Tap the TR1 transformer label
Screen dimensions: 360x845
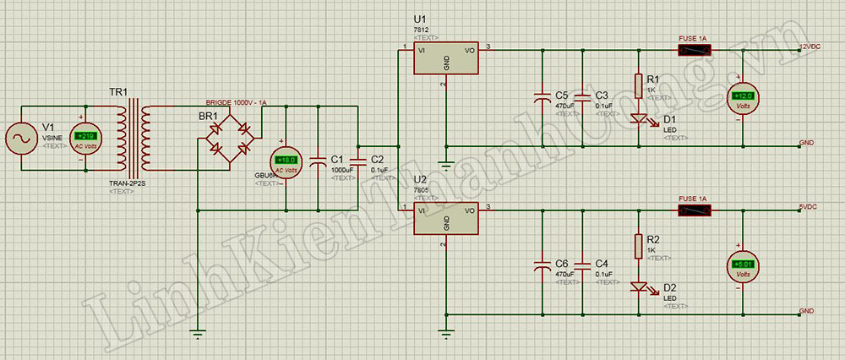118,92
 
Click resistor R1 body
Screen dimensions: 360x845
639,85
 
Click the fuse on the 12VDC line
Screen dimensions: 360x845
694,49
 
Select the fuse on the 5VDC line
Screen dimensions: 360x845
694,209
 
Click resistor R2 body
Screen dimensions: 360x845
639,246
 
